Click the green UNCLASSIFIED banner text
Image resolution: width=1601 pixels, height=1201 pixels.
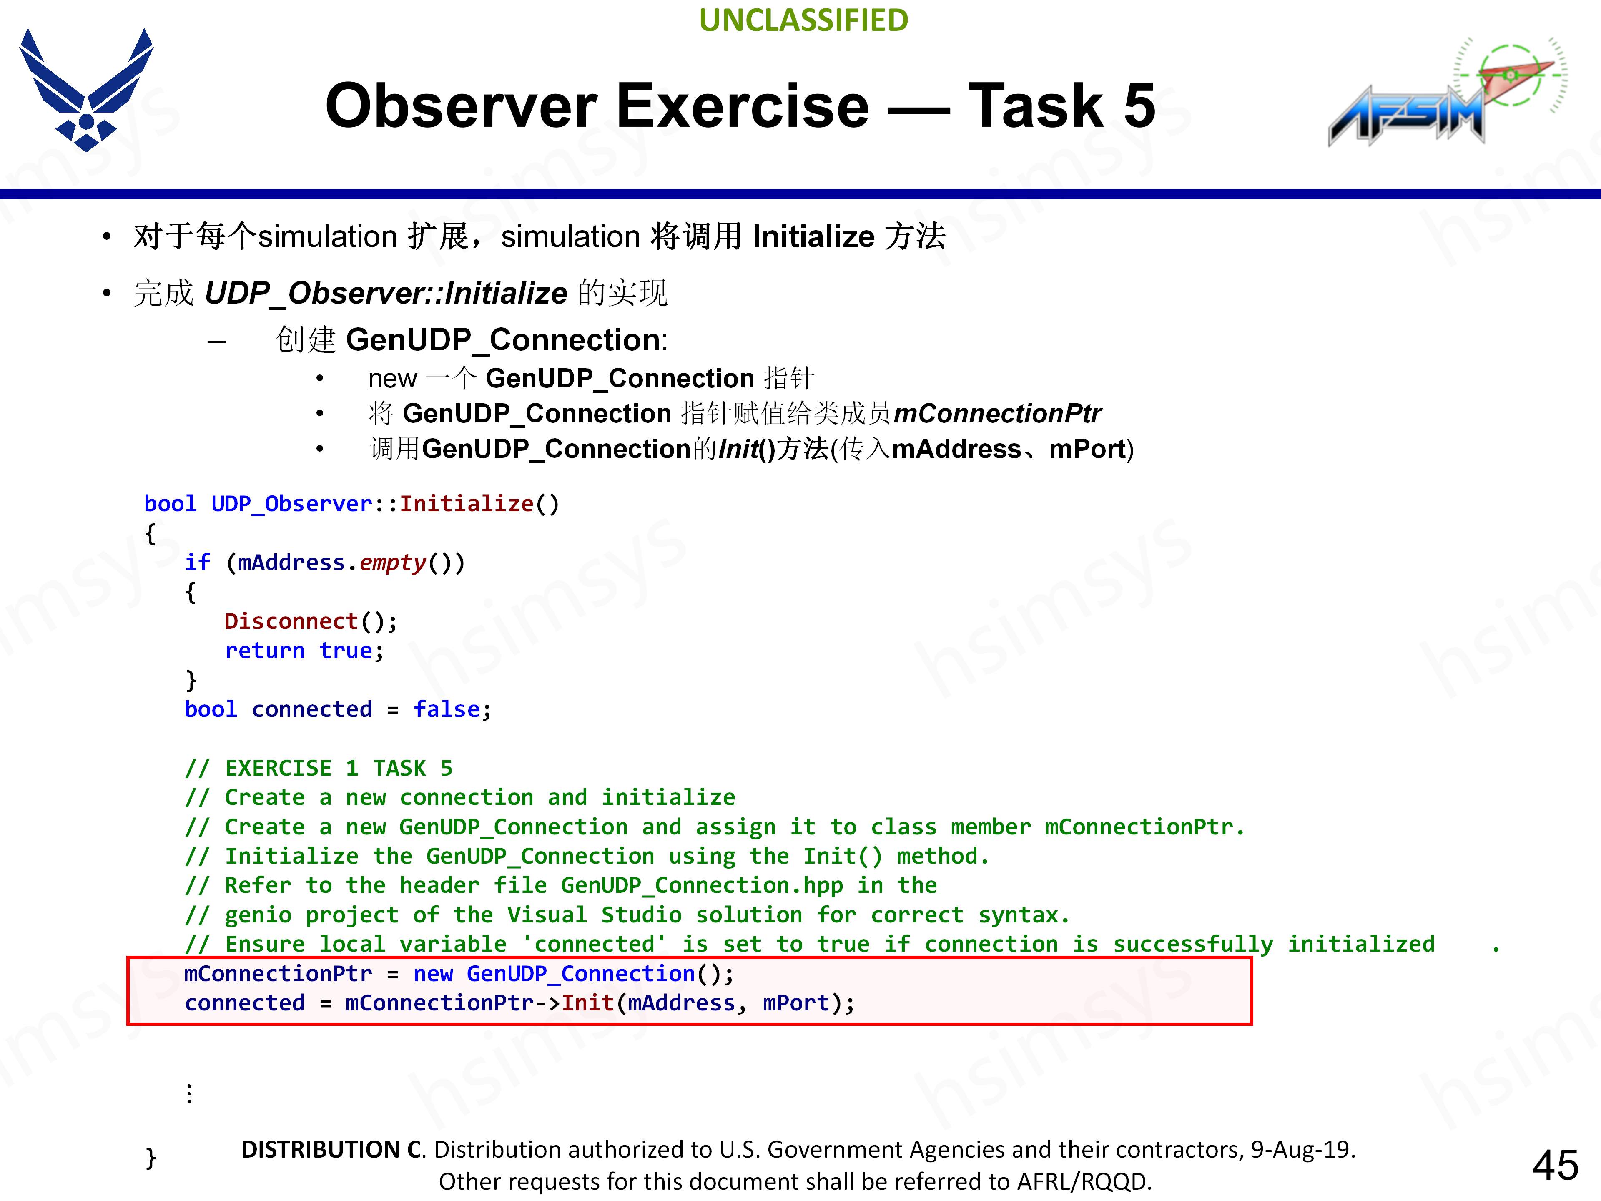(x=803, y=20)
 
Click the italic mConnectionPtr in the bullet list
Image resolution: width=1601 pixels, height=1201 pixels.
(x=997, y=413)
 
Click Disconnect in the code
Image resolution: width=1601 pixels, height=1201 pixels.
(x=291, y=621)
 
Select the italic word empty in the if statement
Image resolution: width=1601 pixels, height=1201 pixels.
(x=393, y=563)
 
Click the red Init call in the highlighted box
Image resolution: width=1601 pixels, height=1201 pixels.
(x=588, y=1003)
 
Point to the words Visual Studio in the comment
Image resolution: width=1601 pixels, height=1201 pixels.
(x=594, y=915)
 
